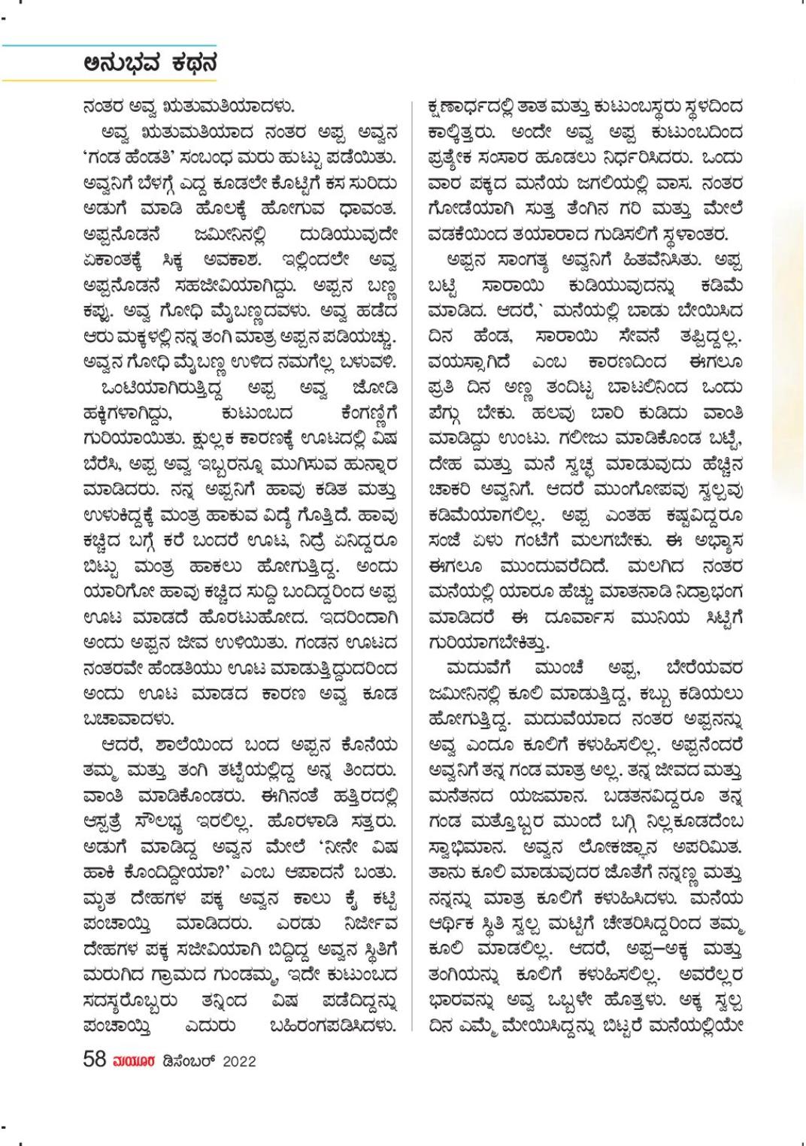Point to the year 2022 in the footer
[x=238, y=1061]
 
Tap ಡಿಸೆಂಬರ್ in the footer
[x=187, y=1061]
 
